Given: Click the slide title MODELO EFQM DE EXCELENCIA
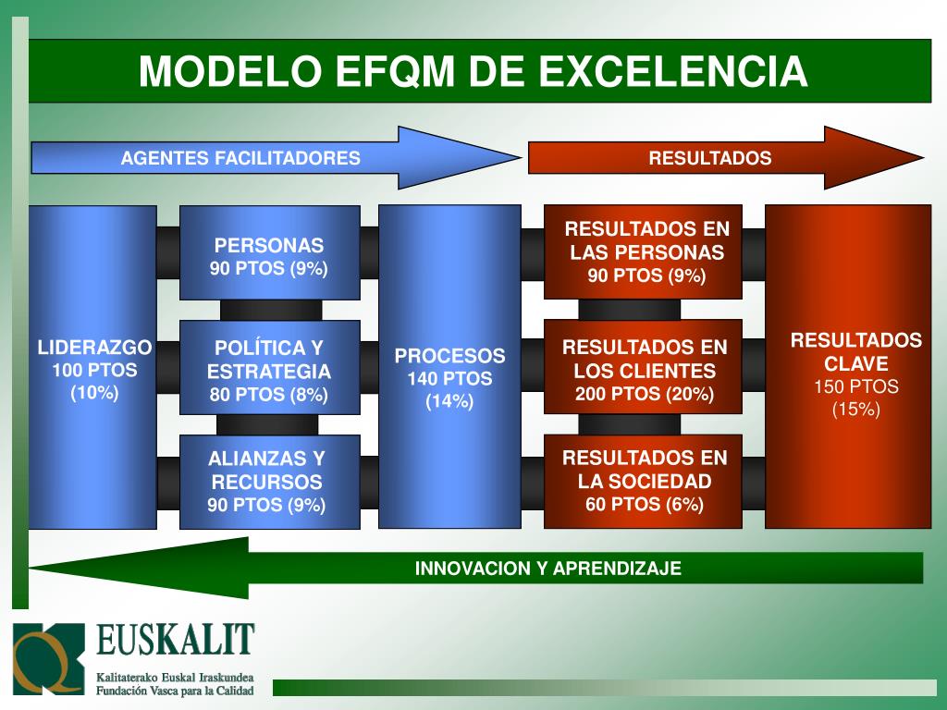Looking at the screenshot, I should click(473, 71).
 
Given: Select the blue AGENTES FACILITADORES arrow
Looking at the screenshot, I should click(240, 158).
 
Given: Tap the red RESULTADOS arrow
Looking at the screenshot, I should click(709, 158).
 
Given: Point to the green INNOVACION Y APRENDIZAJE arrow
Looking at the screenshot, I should click(547, 568).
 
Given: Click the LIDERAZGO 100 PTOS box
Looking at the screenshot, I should click(93, 370).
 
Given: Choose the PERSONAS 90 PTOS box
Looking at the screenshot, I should click(269, 255).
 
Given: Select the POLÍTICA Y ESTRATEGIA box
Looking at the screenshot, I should click(269, 371).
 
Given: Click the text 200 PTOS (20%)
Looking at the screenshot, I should click(645, 395).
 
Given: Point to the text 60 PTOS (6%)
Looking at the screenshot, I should click(645, 505).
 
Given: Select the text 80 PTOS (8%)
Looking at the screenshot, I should click(269, 396).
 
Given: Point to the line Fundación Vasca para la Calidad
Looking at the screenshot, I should click(176, 690).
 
